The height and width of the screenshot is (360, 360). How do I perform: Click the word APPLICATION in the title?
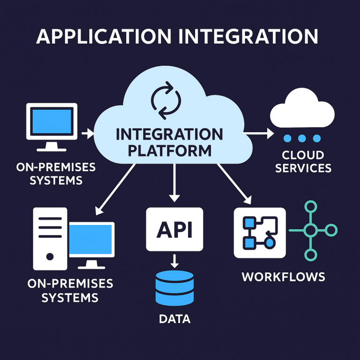point(109,37)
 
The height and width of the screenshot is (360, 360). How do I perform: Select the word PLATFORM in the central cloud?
point(169,151)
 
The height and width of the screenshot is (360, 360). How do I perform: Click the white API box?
point(174,229)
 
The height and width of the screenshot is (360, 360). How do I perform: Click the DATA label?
point(174,320)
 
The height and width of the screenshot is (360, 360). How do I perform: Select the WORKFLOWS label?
point(283,277)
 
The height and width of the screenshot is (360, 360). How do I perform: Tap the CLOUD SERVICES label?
point(303,161)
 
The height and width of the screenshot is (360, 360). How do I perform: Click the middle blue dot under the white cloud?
point(302,138)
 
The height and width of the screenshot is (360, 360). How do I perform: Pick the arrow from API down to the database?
point(174,260)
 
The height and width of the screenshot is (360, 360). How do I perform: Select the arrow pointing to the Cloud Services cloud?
point(259,134)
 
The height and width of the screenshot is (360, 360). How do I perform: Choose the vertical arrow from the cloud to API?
point(174,184)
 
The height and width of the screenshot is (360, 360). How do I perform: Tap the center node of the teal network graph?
point(310,230)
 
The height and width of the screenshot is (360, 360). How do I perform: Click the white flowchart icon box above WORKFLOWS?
point(259,232)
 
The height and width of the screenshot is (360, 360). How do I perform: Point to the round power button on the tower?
point(50,257)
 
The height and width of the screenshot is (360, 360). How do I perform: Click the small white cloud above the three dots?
point(302,111)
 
